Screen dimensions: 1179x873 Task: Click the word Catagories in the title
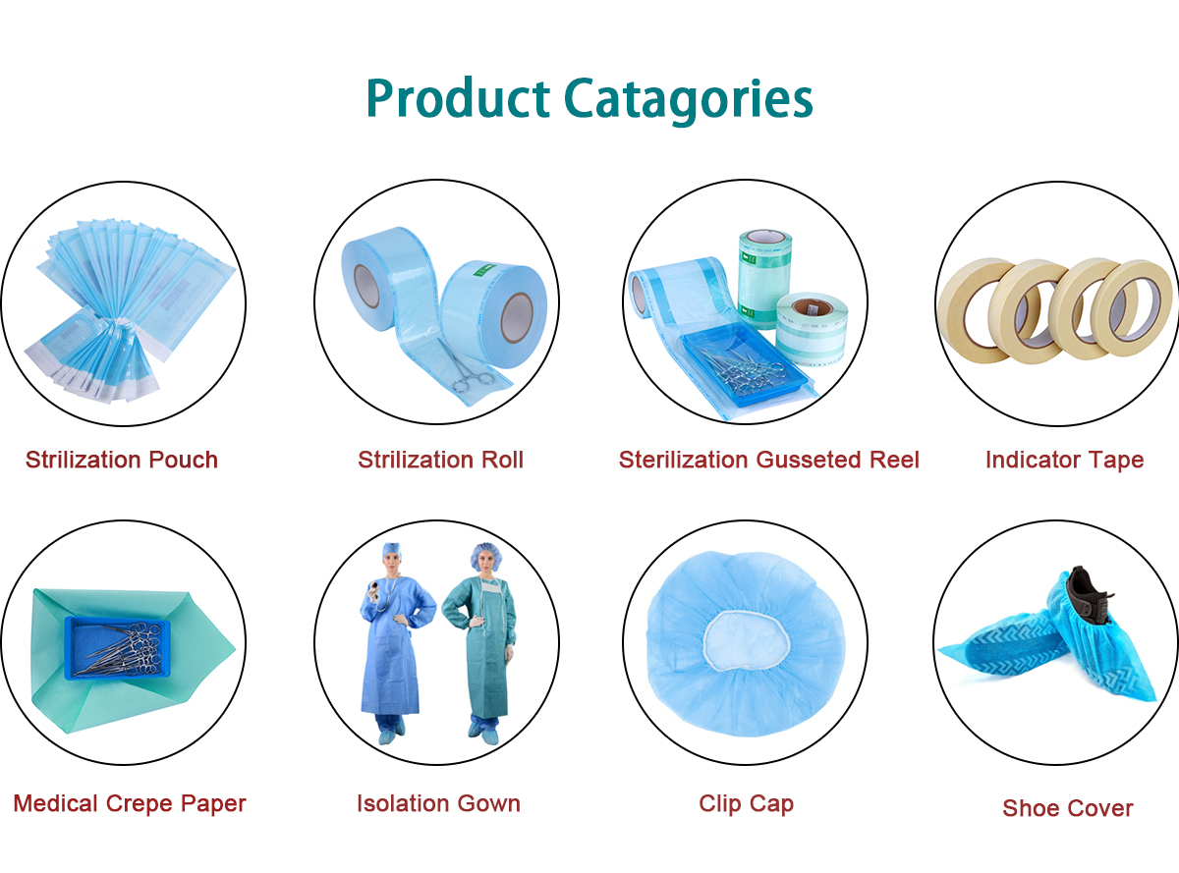tap(688, 99)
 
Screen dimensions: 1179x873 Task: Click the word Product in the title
tap(458, 98)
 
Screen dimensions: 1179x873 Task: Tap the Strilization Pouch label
tap(122, 461)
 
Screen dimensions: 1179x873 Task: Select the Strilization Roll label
tap(441, 461)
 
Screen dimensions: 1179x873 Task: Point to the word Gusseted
tap(808, 461)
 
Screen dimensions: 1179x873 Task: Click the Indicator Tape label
tap(1065, 461)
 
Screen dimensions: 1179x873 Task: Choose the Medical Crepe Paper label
tap(130, 804)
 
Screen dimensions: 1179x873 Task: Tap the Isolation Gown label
tap(438, 804)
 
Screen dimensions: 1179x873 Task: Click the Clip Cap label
tap(747, 804)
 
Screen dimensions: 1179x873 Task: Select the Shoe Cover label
tap(1068, 808)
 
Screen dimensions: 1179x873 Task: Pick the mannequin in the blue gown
tap(397, 642)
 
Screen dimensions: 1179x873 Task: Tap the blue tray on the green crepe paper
tap(117, 649)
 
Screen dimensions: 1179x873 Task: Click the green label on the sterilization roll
tap(483, 270)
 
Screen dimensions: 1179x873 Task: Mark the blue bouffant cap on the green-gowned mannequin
tap(486, 556)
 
